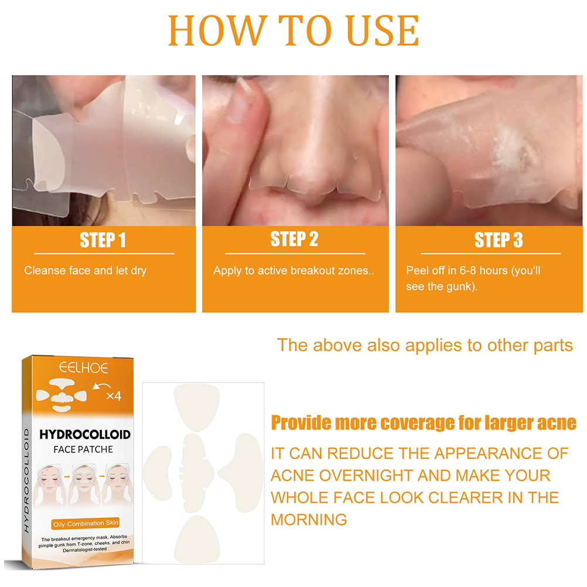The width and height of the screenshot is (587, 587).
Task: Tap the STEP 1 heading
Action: pos(103,240)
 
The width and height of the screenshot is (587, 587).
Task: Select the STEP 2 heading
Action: pos(294,239)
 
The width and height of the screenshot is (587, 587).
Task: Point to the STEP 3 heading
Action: pos(499,240)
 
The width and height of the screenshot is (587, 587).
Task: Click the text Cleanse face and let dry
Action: pos(86,271)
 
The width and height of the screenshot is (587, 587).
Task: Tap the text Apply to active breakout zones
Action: pos(293,271)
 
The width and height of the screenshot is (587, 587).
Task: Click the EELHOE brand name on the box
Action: pos(84,368)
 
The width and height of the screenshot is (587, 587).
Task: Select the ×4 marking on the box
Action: pos(114,396)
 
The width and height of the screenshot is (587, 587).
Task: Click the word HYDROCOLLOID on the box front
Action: pos(85,434)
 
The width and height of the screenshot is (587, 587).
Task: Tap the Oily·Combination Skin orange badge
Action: pos(86,523)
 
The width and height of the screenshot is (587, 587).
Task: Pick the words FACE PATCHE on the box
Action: pos(83,449)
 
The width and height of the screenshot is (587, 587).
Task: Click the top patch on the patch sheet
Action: pos(197,407)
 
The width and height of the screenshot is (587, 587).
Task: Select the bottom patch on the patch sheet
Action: pos(197,539)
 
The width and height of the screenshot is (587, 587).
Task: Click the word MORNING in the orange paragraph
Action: pos(309,520)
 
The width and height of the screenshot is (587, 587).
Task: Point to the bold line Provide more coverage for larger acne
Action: pos(424,423)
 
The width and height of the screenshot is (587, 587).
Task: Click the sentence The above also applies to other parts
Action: pos(425,345)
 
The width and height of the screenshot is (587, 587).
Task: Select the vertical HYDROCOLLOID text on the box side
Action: pos(26,481)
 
